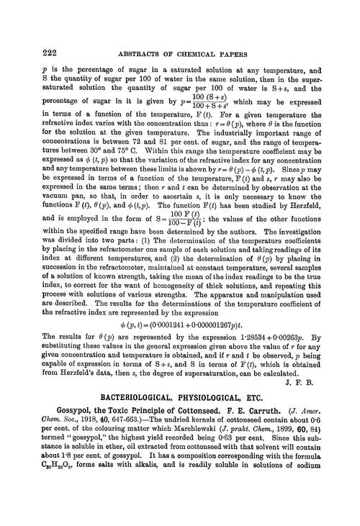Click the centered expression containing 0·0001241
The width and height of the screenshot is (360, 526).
tap(180, 332)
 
